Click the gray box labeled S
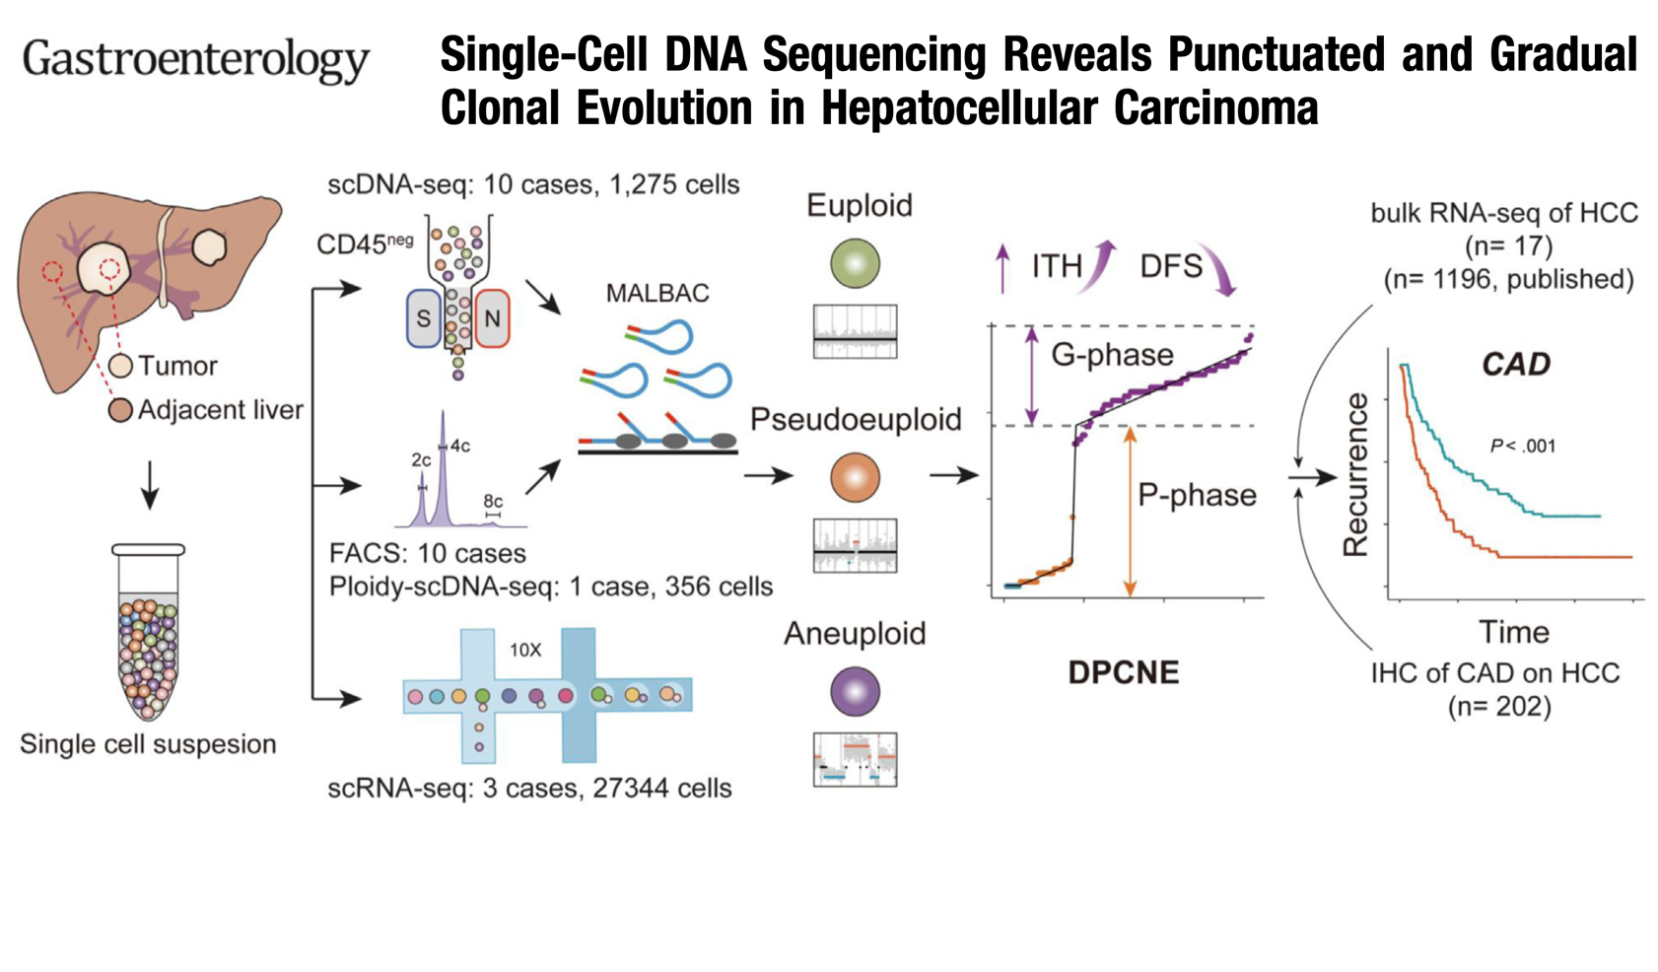click(x=424, y=318)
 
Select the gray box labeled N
click(x=492, y=318)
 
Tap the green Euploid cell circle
click(x=855, y=263)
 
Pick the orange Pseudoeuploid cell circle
click(x=855, y=477)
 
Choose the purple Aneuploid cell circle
click(x=855, y=691)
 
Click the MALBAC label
click(x=657, y=293)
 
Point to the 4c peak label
click(x=459, y=446)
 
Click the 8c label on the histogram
click(x=493, y=501)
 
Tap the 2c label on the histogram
click(x=421, y=459)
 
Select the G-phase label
click(x=1113, y=355)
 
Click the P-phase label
click(x=1197, y=495)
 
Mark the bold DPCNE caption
click(x=1124, y=672)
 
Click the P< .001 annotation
click(x=1523, y=446)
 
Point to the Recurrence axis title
click(x=1355, y=474)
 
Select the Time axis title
click(x=1514, y=632)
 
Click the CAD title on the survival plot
click(x=1516, y=364)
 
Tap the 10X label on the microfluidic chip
click(x=525, y=650)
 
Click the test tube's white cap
click(x=148, y=549)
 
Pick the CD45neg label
click(x=365, y=243)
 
